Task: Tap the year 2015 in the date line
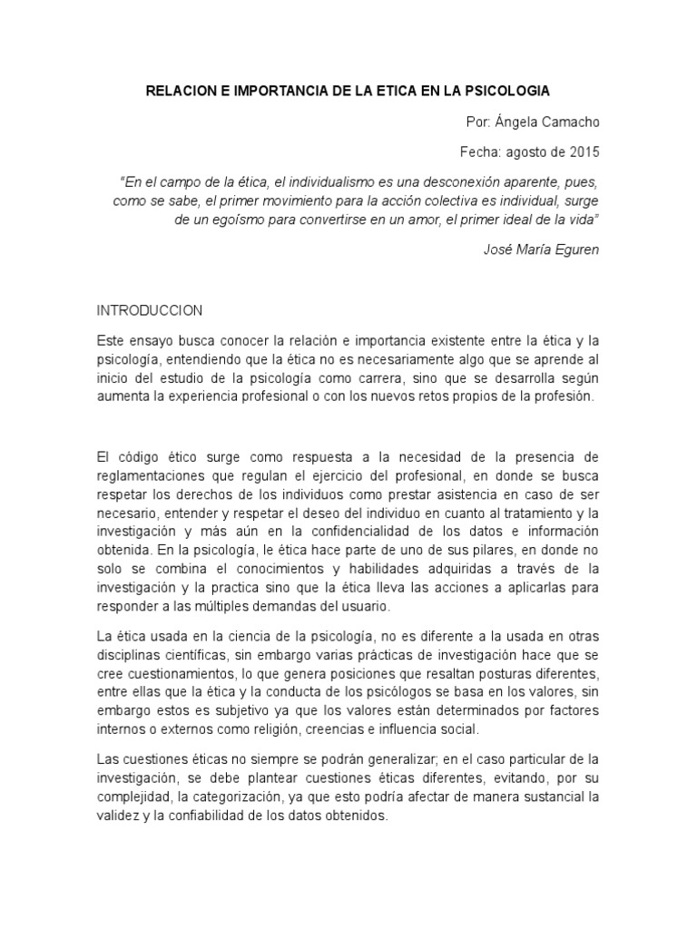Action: pyautogui.click(x=583, y=151)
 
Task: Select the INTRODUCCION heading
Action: pyautogui.click(x=150, y=310)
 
